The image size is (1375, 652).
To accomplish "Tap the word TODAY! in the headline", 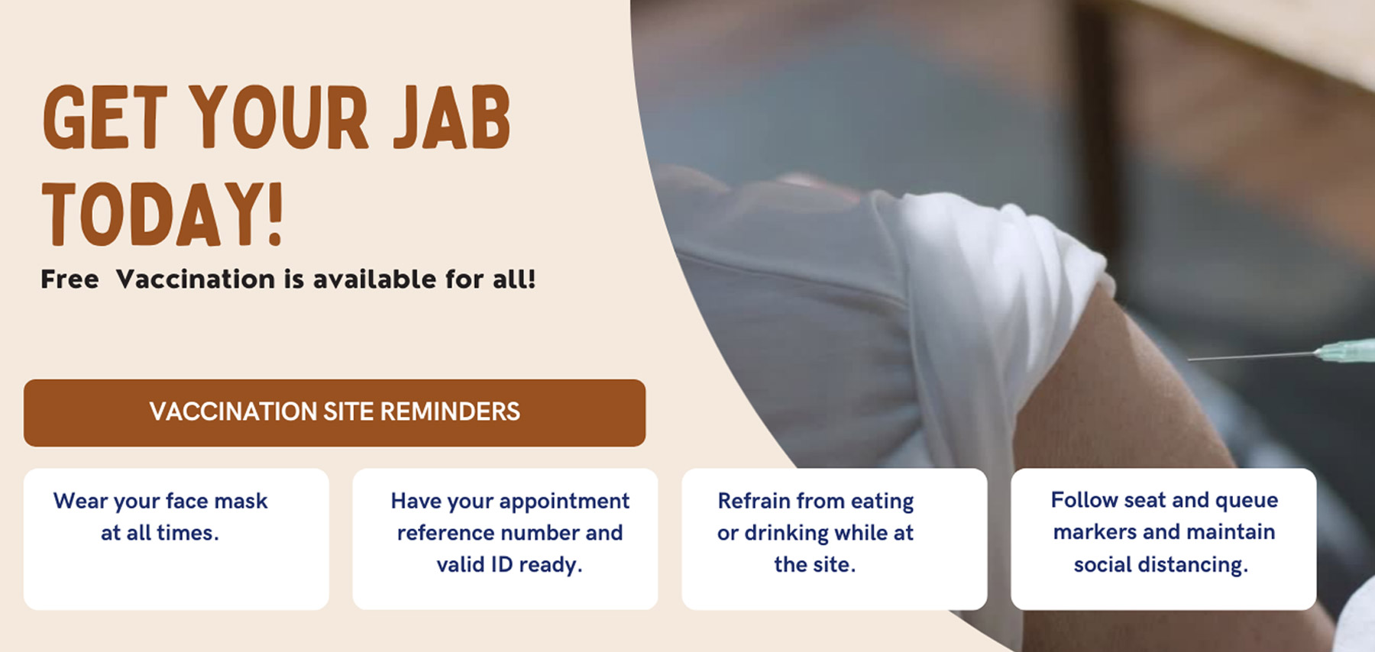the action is click(x=163, y=215).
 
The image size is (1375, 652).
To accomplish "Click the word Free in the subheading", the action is click(x=70, y=279).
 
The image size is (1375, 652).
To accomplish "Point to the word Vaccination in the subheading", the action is click(x=195, y=279).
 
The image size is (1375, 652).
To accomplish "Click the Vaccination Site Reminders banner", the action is click(x=335, y=413).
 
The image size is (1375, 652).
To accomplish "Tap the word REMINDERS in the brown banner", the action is click(x=450, y=412).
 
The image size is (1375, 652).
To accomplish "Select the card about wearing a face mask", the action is click(x=176, y=539).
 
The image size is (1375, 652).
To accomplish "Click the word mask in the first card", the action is click(x=241, y=501).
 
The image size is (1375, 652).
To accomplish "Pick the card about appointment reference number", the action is click(x=505, y=539).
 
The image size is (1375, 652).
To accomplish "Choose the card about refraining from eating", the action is click(x=834, y=539).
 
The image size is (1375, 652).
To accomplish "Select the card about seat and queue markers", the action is click(x=1163, y=539).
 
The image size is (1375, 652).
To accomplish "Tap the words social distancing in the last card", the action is click(x=1161, y=565).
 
